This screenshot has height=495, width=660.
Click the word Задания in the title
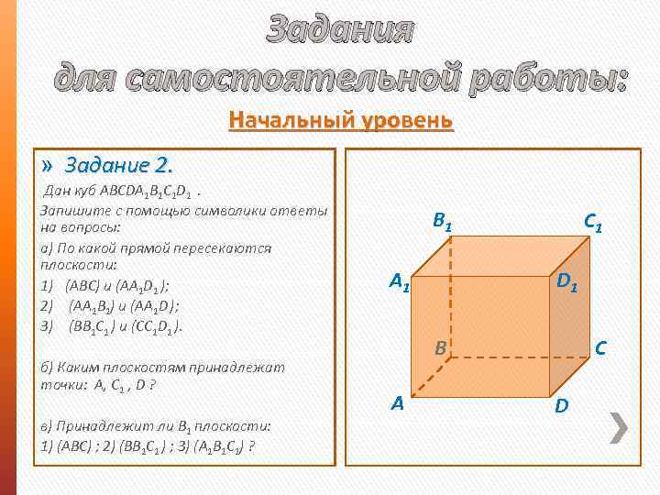pyautogui.click(x=340, y=30)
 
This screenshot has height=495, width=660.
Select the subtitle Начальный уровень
pyautogui.click(x=341, y=121)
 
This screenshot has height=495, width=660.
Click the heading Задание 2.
pyautogui.click(x=119, y=166)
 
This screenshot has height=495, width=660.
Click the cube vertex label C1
pyautogui.click(x=593, y=222)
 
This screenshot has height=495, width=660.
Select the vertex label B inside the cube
pyautogui.click(x=441, y=348)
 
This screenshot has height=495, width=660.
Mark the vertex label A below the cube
pyautogui.click(x=398, y=401)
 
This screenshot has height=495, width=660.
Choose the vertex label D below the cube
pyautogui.click(x=561, y=403)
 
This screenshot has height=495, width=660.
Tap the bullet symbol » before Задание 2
pyautogui.click(x=49, y=166)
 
